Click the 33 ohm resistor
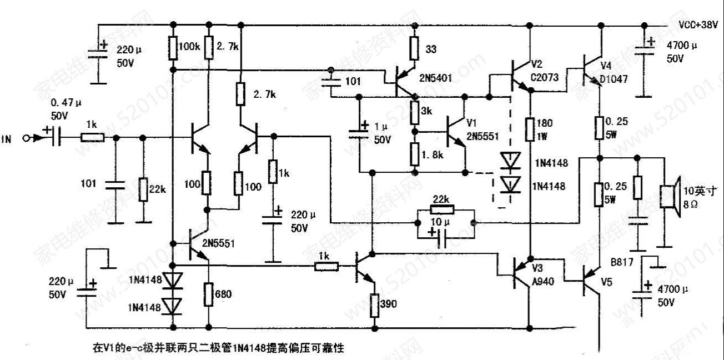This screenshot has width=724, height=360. (414, 48)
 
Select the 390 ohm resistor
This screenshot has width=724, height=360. (374, 303)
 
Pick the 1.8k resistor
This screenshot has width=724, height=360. (414, 154)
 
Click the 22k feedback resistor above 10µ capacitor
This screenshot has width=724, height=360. (442, 210)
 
